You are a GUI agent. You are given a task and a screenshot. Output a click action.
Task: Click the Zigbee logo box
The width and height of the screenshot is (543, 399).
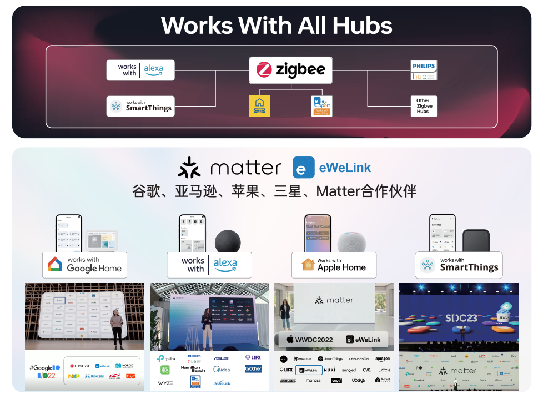(290, 70)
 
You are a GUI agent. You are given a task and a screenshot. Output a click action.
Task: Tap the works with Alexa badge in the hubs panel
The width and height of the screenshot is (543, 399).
(140, 70)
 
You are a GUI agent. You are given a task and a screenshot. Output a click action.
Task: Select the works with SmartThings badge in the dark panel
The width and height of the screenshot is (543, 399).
(140, 106)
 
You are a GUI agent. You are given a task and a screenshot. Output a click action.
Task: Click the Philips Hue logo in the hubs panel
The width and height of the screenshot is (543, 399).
(424, 70)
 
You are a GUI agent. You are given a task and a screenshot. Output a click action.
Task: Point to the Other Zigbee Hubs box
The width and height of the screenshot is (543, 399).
(424, 106)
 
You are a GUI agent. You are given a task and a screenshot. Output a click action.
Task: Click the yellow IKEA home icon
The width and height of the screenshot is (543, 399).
(259, 105)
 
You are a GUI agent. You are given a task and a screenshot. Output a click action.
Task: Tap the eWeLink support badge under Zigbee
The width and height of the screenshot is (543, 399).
(321, 105)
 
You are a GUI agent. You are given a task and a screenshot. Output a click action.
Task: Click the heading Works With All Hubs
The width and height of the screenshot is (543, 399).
(276, 26)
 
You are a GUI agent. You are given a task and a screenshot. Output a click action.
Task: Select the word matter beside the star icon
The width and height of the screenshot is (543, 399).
(246, 168)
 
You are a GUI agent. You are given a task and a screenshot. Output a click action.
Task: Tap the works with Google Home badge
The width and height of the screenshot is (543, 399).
(84, 265)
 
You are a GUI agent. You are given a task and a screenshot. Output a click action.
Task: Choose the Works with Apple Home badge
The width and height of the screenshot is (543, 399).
(334, 265)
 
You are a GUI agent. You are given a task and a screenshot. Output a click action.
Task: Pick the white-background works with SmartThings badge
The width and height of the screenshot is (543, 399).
(459, 265)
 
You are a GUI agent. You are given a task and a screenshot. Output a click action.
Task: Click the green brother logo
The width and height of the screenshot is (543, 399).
(253, 369)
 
